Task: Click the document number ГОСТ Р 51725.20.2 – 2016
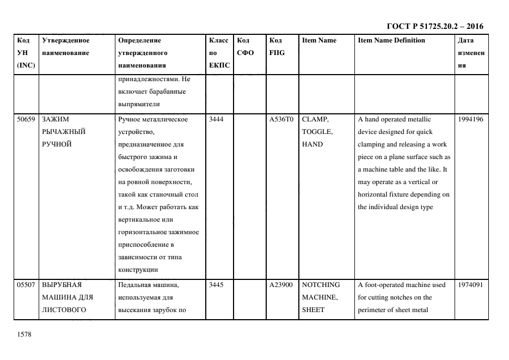click(434, 26)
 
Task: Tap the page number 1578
click(24, 334)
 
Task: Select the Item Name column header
click(319, 40)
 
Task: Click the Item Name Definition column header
click(391, 40)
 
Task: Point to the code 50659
click(26, 119)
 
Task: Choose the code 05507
click(26, 285)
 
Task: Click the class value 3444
click(216, 119)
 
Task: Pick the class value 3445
click(216, 285)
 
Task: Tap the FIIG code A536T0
click(281, 119)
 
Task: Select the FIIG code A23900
click(281, 285)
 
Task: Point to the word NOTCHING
click(321, 285)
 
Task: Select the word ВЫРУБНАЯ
click(62, 285)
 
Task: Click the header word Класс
click(219, 40)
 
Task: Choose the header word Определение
click(139, 40)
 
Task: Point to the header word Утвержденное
click(65, 40)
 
